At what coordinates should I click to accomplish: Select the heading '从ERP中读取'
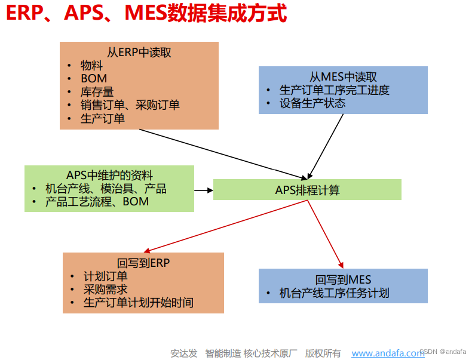coord(139,53)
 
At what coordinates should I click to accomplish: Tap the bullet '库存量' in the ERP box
coord(97,92)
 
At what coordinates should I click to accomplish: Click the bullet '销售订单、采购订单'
coord(130,105)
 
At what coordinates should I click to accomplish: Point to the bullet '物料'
coord(92,66)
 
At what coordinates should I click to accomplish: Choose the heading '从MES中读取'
coord(343,77)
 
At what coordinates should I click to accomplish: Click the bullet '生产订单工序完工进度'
coord(334,90)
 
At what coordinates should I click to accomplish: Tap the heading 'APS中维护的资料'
coord(109,176)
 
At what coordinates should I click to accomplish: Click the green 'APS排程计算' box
coord(307,190)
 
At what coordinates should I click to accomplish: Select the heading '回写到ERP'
coord(143,263)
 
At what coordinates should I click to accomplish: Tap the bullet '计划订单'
coord(105,276)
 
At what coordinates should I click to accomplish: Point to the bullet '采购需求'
coord(105,290)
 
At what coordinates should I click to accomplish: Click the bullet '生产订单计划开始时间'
coord(138,303)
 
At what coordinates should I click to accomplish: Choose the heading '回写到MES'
coord(343,279)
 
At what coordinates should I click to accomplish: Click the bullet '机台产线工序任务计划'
coord(334,293)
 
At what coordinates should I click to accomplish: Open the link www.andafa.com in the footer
coord(388,353)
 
